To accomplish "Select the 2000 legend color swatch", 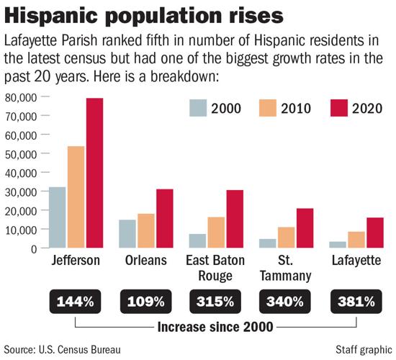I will click(196, 109).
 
